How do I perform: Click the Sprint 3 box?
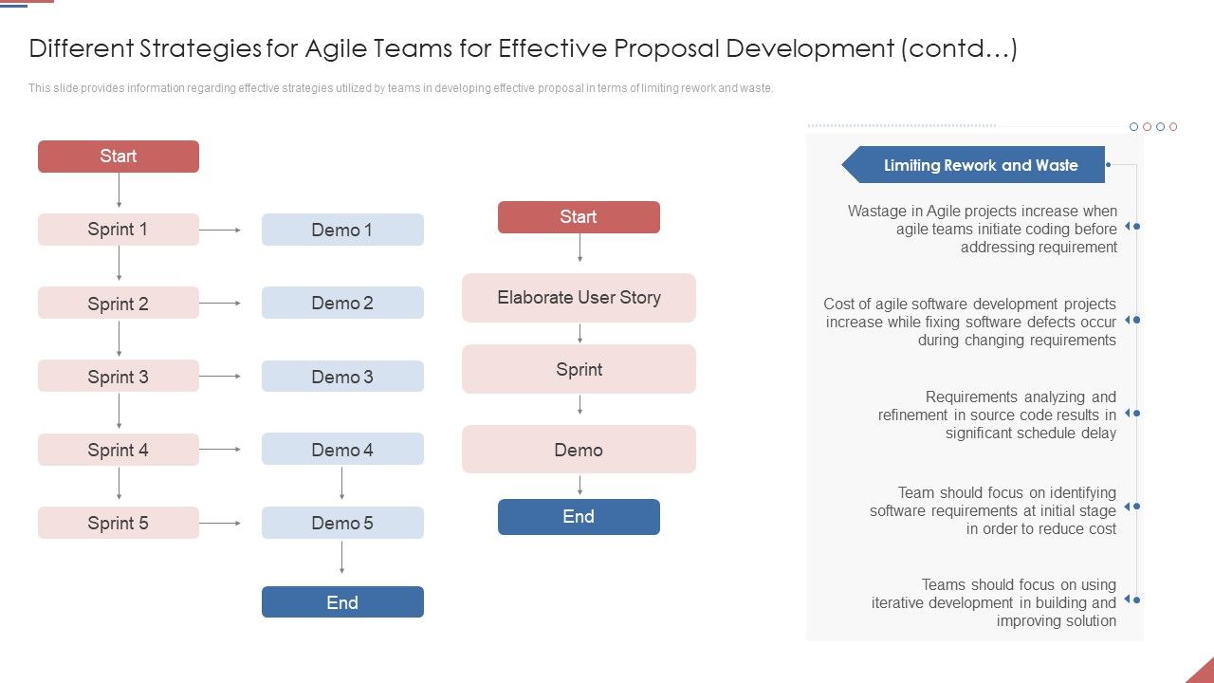(119, 377)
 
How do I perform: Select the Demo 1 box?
(342, 230)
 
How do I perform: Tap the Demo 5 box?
(342, 523)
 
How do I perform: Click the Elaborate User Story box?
(579, 298)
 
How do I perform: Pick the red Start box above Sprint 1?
(119, 157)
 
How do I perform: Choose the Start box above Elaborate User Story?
(579, 217)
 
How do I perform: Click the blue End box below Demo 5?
(342, 602)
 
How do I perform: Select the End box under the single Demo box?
(579, 517)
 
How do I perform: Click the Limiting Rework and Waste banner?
(980, 165)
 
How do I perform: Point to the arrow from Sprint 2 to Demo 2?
(220, 304)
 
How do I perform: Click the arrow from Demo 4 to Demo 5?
(342, 483)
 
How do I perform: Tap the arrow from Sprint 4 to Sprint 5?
(119, 483)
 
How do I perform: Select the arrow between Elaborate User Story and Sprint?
(579, 333)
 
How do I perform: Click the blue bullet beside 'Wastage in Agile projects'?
(1135, 227)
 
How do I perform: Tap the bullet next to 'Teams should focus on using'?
(1135, 600)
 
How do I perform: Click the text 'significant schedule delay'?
(1030, 434)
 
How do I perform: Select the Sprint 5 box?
(119, 523)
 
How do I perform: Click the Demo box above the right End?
(579, 450)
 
